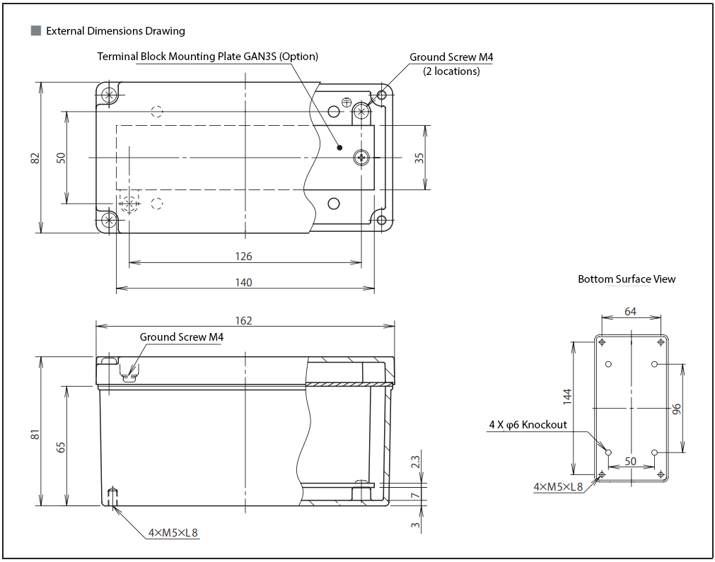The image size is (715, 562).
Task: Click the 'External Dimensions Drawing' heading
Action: (x=115, y=31)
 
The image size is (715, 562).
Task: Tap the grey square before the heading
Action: (x=36, y=30)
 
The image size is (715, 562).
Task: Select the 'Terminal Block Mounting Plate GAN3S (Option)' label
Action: (x=207, y=57)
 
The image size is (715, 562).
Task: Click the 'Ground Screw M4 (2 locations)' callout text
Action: (x=451, y=64)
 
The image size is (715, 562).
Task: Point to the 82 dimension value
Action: (x=35, y=158)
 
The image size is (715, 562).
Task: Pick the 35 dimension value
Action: (x=419, y=158)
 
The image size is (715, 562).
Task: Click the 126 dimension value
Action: (x=243, y=257)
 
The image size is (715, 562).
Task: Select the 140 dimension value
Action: (x=243, y=283)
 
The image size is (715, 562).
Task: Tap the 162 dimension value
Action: (x=243, y=321)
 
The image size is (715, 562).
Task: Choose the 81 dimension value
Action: (x=35, y=434)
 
